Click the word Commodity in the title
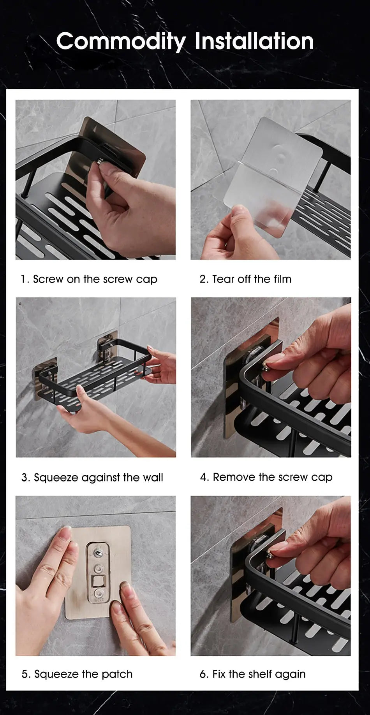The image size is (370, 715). (x=121, y=41)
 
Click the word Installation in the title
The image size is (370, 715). (x=254, y=41)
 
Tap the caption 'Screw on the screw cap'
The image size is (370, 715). (x=89, y=279)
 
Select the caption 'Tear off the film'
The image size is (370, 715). (x=245, y=279)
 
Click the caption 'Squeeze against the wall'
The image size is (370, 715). (x=92, y=478)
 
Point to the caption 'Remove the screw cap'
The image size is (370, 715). (x=266, y=477)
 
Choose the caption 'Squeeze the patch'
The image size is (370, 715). (x=77, y=674)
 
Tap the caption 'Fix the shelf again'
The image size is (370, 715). (x=253, y=674)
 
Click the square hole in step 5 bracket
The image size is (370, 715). (x=96, y=582)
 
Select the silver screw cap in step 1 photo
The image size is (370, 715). (x=100, y=160)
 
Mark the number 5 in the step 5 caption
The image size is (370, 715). (x=25, y=674)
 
